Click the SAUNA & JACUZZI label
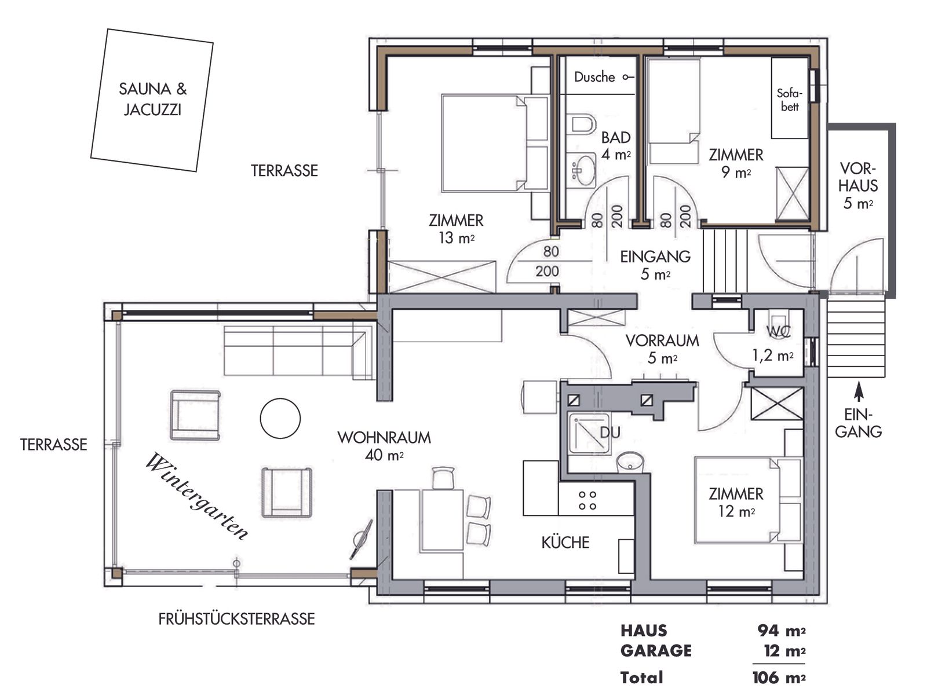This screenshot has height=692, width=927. click(152, 99)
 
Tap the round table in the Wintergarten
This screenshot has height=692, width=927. click(280, 418)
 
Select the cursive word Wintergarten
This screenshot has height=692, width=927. click(196, 496)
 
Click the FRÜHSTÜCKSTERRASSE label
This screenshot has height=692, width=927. click(236, 618)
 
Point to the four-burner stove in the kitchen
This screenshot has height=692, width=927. click(587, 500)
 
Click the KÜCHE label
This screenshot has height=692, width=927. click(565, 542)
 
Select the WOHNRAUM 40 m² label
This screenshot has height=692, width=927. click(384, 446)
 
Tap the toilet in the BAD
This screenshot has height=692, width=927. click(583, 124)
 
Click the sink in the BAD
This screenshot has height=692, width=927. click(583, 170)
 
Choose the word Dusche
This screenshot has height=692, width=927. click(594, 77)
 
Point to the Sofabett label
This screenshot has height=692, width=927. click(789, 100)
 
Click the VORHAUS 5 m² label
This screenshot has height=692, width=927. click(857, 186)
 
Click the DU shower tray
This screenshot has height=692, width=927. click(589, 433)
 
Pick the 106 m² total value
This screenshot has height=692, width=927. click(779, 678)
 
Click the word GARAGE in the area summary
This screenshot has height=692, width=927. click(656, 651)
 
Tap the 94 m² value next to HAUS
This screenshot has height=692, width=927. click(782, 631)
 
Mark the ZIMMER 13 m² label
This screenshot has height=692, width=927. click(456, 229)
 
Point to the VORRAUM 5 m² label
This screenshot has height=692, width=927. click(662, 349)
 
